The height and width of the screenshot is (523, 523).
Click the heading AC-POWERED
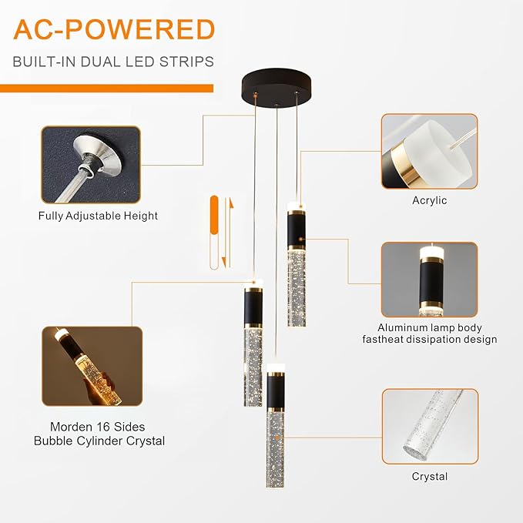point(114,30)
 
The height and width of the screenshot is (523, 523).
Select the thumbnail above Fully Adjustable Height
point(91,165)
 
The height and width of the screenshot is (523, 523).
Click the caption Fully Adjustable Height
point(98,216)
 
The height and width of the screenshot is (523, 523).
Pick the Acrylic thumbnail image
point(430,152)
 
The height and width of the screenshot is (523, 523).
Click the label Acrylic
point(430,200)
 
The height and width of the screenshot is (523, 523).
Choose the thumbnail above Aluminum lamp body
point(430,280)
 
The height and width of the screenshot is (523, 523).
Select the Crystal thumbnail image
point(431,426)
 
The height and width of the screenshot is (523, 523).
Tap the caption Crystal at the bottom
point(430,476)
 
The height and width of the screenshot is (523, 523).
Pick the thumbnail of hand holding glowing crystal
point(92,366)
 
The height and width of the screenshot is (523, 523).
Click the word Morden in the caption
point(70,427)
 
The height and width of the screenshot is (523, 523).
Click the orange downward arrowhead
point(224,262)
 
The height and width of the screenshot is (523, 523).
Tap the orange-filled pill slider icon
point(214,215)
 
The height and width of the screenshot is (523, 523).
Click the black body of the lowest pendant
point(276,392)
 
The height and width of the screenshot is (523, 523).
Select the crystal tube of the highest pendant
point(297,289)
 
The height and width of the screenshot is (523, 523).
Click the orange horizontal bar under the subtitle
point(107,89)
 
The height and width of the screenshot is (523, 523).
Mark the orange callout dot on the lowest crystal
point(277,438)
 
